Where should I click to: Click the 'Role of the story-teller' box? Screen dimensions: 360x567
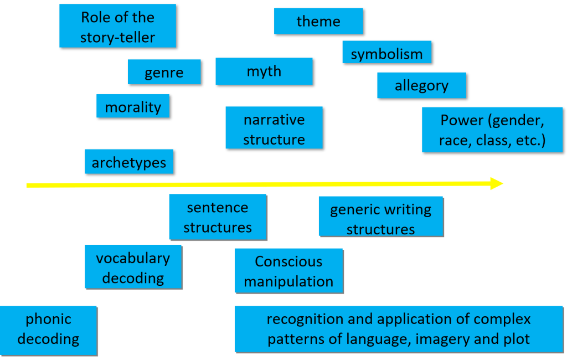[x=117, y=27]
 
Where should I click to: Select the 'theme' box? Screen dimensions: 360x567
[x=318, y=22]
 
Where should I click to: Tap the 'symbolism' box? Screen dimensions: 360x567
[x=386, y=54]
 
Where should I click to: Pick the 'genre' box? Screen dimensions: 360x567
[x=164, y=73]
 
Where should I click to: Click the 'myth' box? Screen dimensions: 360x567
[x=264, y=71]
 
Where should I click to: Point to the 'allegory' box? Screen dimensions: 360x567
[x=421, y=86]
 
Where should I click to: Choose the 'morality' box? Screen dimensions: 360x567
[x=133, y=107]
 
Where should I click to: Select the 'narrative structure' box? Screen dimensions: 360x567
[x=274, y=129]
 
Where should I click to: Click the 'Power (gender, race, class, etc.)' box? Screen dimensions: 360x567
[x=492, y=130]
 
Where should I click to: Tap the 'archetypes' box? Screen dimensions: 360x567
[x=129, y=163]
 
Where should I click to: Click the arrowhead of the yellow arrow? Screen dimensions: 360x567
[x=497, y=184]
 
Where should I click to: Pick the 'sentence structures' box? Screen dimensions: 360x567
[x=218, y=217]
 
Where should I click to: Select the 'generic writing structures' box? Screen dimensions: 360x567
[x=380, y=219]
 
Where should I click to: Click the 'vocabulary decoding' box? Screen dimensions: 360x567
[x=133, y=268]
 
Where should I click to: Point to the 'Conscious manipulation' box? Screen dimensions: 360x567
[x=288, y=271]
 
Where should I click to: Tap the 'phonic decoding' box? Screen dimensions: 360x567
[x=48, y=328]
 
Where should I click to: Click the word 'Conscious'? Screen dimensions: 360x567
[x=288, y=261]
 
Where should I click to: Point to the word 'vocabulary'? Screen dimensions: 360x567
[x=133, y=258]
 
